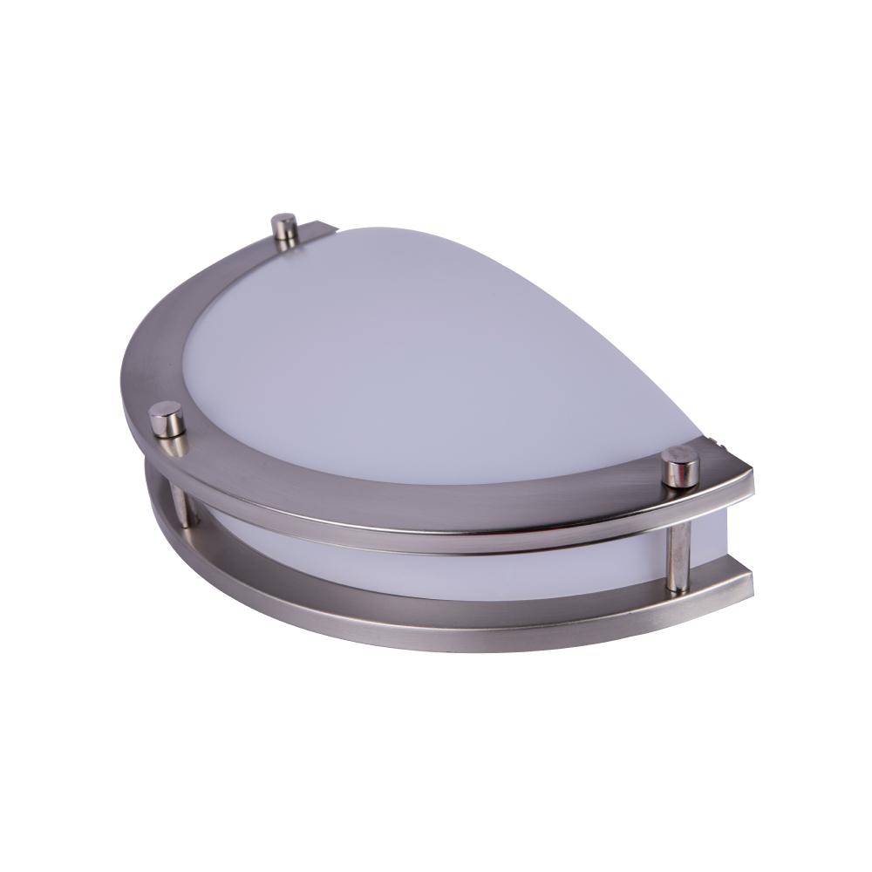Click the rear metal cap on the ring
pos(283,228)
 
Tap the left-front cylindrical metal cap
pos(167,419)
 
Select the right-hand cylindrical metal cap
pos(679,467)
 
